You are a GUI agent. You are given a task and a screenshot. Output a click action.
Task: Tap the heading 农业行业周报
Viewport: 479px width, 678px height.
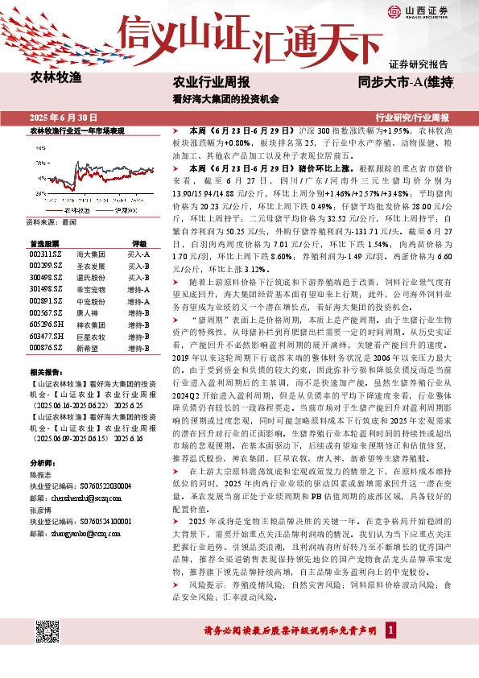point(212,83)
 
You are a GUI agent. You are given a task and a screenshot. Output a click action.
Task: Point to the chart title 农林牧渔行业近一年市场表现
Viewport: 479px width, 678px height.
point(77,130)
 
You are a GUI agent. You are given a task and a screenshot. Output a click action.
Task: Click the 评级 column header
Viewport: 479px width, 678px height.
point(139,242)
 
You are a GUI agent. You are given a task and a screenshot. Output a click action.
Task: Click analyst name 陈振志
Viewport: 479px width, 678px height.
point(40,475)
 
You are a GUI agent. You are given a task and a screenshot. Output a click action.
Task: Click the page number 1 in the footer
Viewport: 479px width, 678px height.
point(390,629)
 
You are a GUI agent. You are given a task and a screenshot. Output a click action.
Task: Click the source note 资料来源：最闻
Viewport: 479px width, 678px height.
point(50,221)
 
